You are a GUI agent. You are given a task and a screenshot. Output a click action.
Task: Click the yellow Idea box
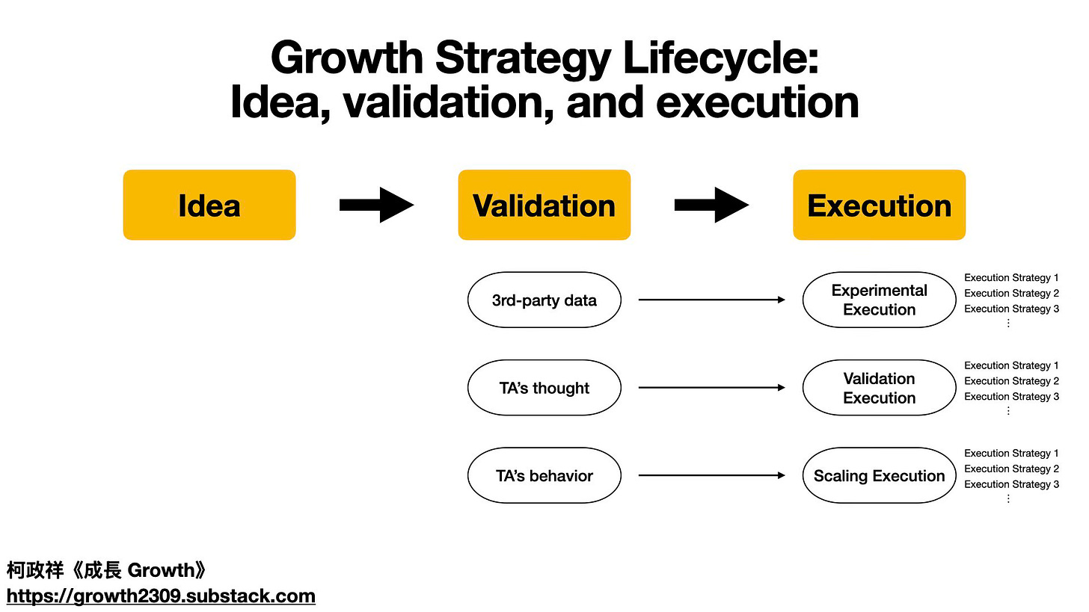click(209, 205)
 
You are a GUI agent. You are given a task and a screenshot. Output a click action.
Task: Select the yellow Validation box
click(544, 205)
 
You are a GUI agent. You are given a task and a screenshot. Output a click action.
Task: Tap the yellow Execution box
click(879, 205)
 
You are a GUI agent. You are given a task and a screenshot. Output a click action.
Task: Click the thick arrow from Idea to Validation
click(377, 205)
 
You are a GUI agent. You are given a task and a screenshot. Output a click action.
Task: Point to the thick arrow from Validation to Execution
click(711, 205)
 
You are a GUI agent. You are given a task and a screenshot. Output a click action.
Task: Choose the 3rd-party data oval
click(544, 300)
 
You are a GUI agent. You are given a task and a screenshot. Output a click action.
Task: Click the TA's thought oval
click(544, 388)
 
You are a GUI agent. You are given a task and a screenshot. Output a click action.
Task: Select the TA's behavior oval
click(544, 476)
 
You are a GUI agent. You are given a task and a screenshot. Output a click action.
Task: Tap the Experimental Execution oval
click(879, 300)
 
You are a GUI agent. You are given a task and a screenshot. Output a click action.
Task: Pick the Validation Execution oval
click(879, 388)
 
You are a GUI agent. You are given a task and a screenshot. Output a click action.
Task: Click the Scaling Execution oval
click(879, 476)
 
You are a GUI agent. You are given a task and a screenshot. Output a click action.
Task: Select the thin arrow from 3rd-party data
click(711, 300)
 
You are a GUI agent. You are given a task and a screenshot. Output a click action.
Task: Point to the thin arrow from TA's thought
click(711, 388)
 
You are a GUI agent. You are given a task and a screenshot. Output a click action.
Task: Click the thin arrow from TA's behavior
click(711, 476)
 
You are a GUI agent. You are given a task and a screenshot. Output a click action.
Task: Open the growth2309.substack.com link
click(161, 596)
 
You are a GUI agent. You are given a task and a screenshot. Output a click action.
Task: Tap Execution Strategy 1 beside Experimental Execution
click(1011, 278)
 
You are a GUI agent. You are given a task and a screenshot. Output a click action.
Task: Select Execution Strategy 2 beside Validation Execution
click(1011, 381)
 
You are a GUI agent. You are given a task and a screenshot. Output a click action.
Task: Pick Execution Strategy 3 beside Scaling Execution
click(1011, 484)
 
